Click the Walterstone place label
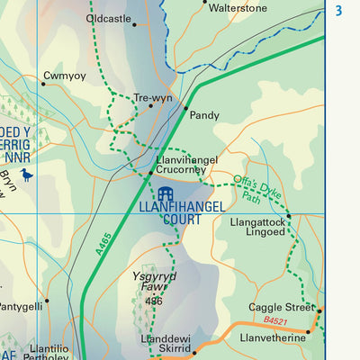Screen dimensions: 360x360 click(x=238, y=8)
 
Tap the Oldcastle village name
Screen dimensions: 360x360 click(x=108, y=18)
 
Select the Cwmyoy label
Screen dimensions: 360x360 click(x=65, y=76)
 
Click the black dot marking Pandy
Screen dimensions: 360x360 click(x=185, y=108)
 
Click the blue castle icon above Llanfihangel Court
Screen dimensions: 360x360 click(x=164, y=194)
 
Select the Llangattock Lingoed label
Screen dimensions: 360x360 click(x=258, y=226)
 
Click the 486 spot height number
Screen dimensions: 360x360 click(x=154, y=301)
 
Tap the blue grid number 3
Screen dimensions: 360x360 click(x=338, y=11)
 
